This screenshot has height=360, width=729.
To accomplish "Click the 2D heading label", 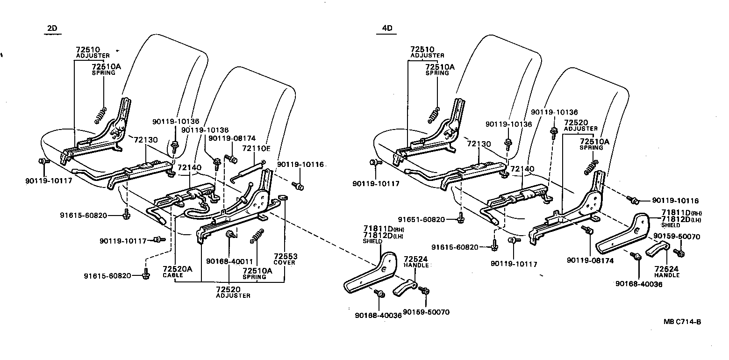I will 52,29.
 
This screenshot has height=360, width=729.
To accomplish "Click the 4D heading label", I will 387,29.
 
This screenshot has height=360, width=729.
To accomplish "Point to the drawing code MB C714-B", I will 683,322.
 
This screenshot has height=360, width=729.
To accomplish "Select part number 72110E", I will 256,148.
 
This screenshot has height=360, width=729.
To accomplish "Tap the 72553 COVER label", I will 286,259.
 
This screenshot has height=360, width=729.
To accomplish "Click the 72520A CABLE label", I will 177,272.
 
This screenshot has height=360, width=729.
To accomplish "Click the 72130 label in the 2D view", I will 146,139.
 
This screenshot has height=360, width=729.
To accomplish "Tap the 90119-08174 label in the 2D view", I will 232,138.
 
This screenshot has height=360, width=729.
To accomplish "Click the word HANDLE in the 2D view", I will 416,265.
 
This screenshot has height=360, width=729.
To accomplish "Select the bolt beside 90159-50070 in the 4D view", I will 680,253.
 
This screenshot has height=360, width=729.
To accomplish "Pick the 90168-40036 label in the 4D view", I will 638,284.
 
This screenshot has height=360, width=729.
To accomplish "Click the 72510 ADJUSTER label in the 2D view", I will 93,52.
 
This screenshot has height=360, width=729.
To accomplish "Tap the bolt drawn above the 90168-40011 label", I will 229,234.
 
